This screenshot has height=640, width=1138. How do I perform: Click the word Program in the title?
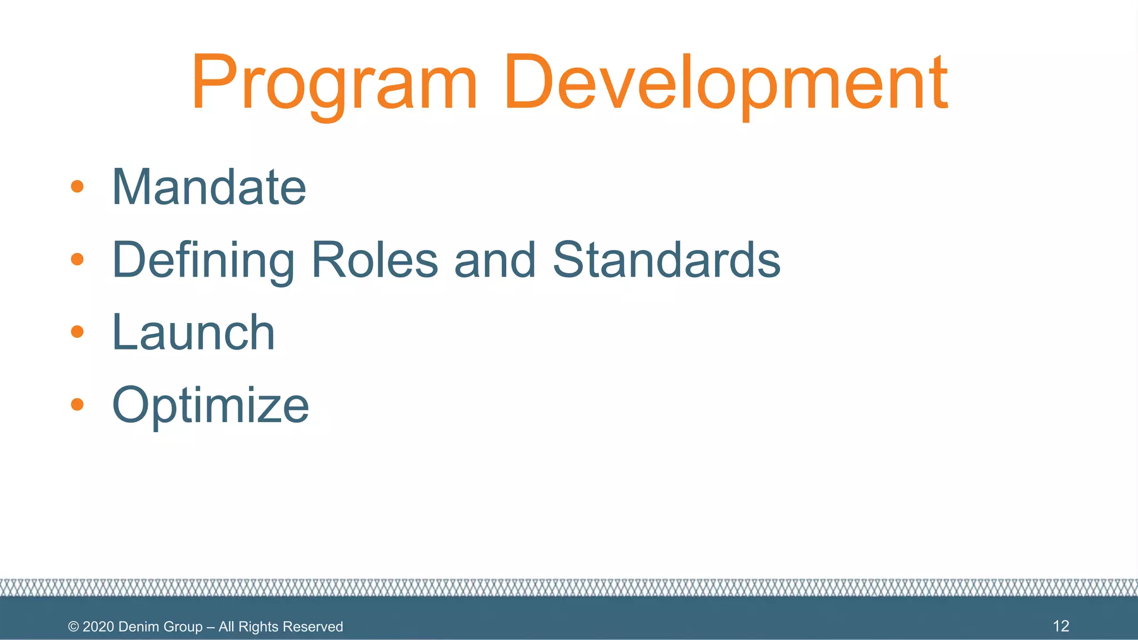click(334, 83)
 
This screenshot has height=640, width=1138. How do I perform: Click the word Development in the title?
click(725, 83)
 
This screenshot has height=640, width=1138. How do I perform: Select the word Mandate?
click(209, 187)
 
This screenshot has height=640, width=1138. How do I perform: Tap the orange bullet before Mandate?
click(77, 187)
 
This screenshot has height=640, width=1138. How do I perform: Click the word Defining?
click(203, 260)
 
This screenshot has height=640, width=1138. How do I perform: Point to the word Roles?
click(375, 260)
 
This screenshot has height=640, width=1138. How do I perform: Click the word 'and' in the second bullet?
click(495, 260)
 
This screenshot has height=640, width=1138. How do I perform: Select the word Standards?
click(667, 260)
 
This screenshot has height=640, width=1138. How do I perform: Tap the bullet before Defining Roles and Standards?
click(77, 259)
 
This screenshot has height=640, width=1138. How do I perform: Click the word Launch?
click(193, 333)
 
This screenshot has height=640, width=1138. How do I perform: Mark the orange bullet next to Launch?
click(77, 332)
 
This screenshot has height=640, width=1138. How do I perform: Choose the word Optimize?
click(210, 406)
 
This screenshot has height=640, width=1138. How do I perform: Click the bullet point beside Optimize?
click(77, 404)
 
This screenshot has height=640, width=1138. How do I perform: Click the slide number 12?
click(1061, 626)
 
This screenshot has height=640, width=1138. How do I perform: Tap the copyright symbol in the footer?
click(73, 627)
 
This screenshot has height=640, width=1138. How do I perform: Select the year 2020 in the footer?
click(98, 627)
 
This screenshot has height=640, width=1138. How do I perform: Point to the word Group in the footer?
click(183, 627)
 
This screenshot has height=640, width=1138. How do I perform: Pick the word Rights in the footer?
click(258, 627)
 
